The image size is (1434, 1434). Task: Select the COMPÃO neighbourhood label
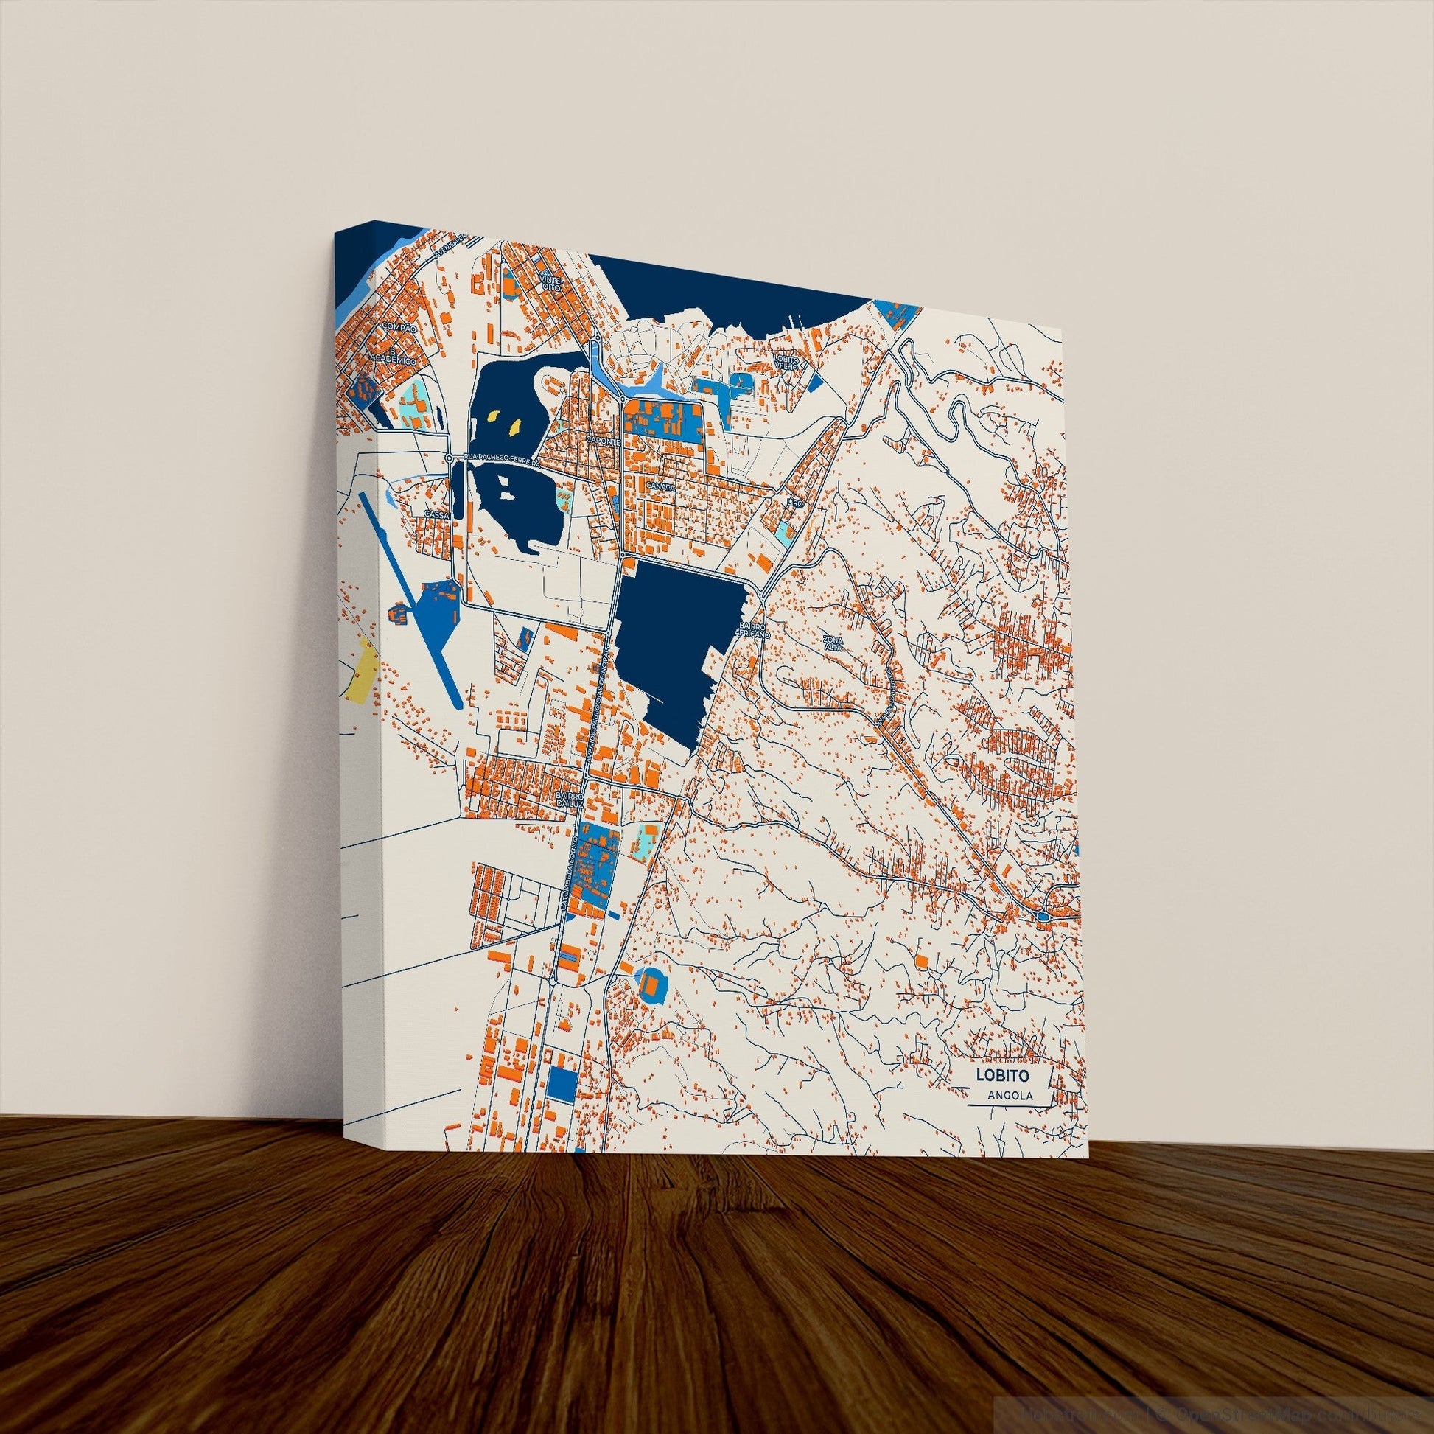tap(394, 326)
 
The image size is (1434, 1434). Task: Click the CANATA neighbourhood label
tap(660, 486)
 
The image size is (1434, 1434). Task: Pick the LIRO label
tap(794, 503)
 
